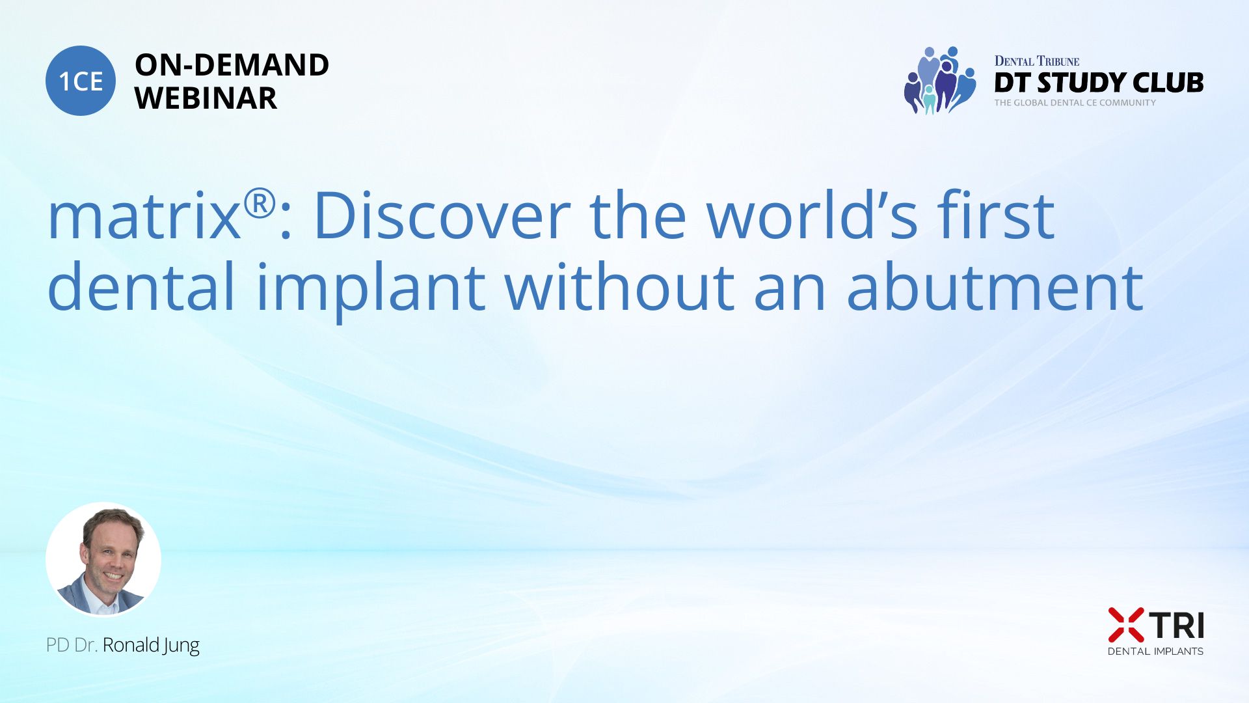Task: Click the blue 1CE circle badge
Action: [x=81, y=81]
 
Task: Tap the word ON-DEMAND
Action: [x=232, y=64]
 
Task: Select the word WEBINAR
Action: [x=206, y=98]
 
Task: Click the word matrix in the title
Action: [x=144, y=217]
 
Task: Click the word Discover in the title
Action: [x=442, y=215]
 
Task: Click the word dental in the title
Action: [x=141, y=286]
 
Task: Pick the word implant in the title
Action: [x=371, y=290]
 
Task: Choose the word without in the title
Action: [x=620, y=286]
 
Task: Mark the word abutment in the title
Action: [x=995, y=286]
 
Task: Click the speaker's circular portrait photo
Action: [x=103, y=559]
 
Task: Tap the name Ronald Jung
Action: [x=151, y=646]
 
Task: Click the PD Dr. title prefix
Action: [x=72, y=645]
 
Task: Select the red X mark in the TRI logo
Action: [x=1126, y=625]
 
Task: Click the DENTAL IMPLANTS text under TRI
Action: [x=1155, y=651]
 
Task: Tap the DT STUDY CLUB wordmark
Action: [x=1099, y=83]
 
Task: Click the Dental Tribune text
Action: [x=1037, y=61]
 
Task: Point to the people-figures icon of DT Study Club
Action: [x=940, y=80]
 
